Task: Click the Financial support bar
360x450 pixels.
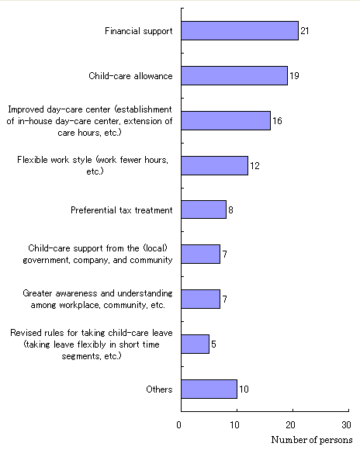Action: (x=240, y=31)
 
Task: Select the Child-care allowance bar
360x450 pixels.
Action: (x=234, y=76)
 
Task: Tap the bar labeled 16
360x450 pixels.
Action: (x=226, y=120)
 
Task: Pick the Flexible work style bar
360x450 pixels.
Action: (x=214, y=165)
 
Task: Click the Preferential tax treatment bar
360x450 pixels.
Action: (x=203, y=209)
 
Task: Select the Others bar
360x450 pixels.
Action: (x=209, y=389)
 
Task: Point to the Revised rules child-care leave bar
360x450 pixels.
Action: (x=196, y=344)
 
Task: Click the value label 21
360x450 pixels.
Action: (x=305, y=31)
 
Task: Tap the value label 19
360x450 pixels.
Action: (x=294, y=76)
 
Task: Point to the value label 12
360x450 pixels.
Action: (x=254, y=165)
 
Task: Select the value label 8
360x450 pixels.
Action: (x=230, y=209)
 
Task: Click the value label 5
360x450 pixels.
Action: (x=213, y=344)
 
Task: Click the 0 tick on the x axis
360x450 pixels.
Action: (x=179, y=424)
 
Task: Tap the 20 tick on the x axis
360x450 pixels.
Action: (x=290, y=424)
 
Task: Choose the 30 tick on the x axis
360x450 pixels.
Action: (x=347, y=424)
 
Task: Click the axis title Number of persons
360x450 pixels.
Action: (x=312, y=440)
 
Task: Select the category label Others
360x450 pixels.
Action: (x=159, y=389)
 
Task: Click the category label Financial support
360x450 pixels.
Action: (x=139, y=31)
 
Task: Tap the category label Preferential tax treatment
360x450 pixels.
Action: (x=122, y=210)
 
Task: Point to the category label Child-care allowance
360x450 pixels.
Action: (x=130, y=76)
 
